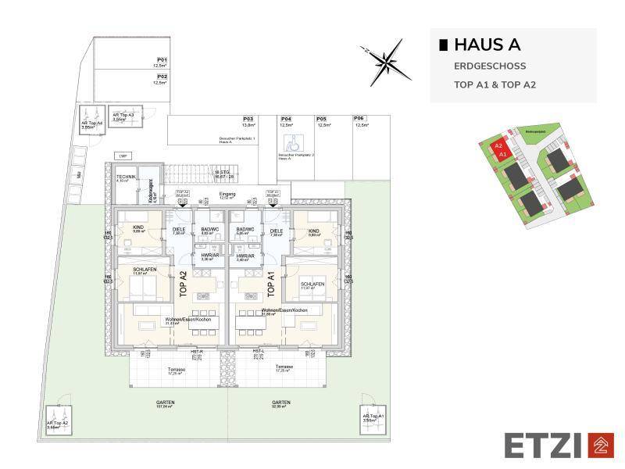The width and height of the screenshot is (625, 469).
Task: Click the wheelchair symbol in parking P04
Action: point(287,141)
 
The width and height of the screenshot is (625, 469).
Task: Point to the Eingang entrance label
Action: point(227,193)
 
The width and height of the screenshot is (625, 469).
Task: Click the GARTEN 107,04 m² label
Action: point(165,404)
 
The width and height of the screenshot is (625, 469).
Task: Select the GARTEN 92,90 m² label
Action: point(281,404)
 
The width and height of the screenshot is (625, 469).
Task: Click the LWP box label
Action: point(122,156)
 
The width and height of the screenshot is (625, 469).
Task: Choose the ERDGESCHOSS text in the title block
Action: point(490,66)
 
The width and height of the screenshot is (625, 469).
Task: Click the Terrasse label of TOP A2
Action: point(177,371)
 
